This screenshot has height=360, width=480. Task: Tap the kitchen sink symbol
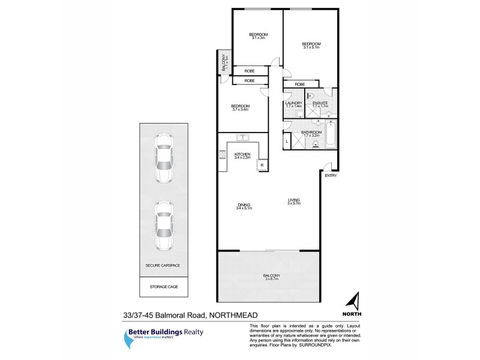click(244, 145)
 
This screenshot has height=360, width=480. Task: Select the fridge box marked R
click(262, 165)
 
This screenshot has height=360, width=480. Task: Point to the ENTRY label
click(331, 176)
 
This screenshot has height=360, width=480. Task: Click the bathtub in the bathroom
click(329, 135)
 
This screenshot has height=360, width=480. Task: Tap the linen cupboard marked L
click(287, 141)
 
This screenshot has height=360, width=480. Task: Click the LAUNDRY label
click(293, 103)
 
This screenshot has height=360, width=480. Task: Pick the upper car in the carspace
click(163, 158)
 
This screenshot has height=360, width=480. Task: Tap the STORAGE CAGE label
click(164, 287)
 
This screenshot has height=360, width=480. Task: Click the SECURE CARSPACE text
click(163, 265)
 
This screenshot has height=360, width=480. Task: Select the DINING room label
click(244, 205)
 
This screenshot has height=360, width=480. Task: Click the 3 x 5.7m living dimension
click(294, 203)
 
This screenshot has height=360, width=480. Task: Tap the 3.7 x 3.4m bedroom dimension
click(240, 110)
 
